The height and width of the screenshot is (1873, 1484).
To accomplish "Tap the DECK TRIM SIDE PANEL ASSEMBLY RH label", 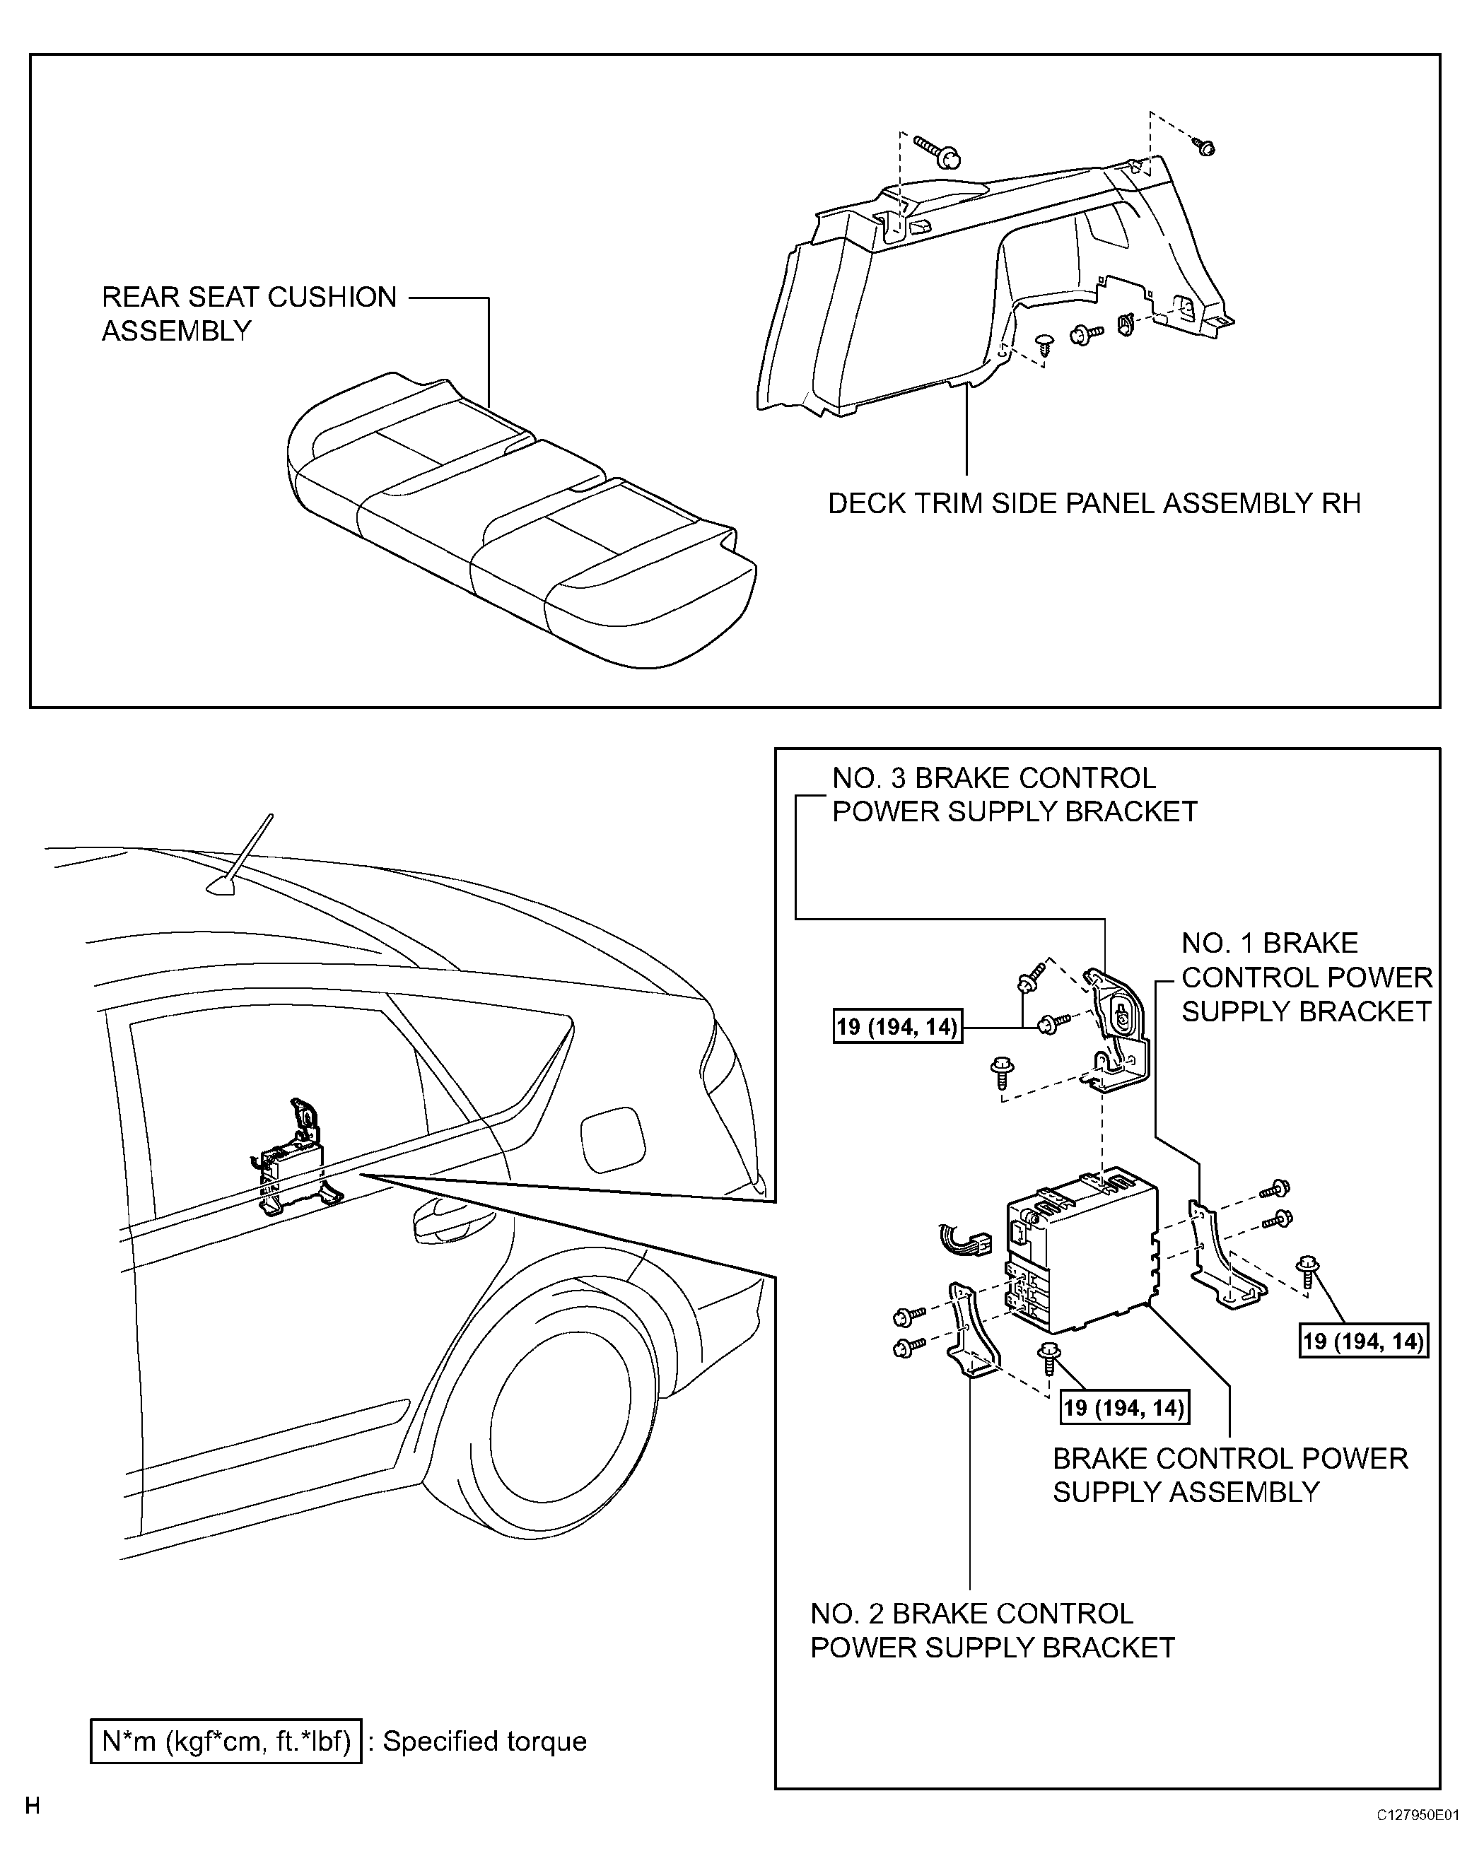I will point(1093,503).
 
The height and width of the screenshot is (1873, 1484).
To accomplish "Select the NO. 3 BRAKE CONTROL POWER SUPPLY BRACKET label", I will point(1014,795).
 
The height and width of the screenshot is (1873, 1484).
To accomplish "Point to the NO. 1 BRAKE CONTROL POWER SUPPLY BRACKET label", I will point(1306,977).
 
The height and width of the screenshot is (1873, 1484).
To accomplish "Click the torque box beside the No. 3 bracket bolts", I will point(896,1027).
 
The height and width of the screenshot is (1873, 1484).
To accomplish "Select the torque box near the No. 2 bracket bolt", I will point(1124,1407).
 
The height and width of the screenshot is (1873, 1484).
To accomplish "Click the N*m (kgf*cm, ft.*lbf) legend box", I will point(226,1759).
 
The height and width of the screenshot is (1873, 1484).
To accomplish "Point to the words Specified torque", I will point(485,1759).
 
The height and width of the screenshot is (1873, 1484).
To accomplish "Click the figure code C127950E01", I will point(1416,1839).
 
